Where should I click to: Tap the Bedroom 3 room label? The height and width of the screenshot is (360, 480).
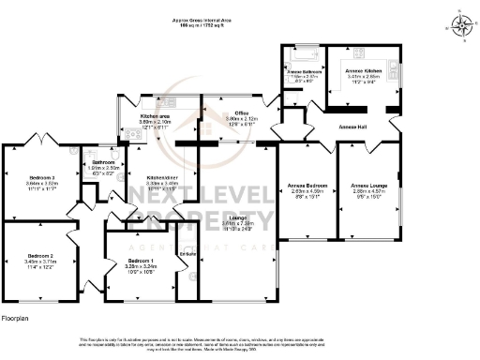click(41, 176)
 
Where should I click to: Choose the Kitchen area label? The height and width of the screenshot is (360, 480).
click(154, 115)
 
